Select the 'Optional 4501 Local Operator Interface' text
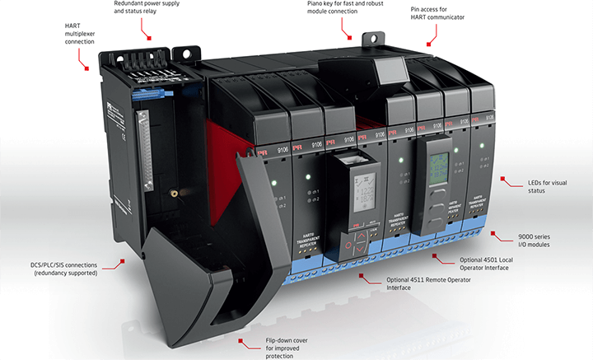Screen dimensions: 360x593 point(483,264)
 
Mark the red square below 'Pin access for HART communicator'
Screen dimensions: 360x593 point(429,44)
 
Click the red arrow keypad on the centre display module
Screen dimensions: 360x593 point(362,243)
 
